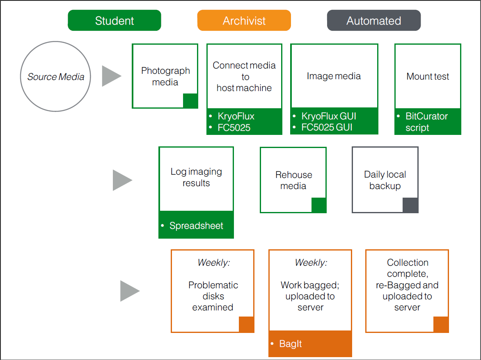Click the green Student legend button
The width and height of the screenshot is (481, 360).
pyautogui.click(x=114, y=21)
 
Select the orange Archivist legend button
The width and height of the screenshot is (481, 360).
pyautogui.click(x=244, y=21)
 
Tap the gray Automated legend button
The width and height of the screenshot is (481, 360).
pyautogui.click(x=373, y=21)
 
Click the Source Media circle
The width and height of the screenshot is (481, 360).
pyautogui.click(x=55, y=77)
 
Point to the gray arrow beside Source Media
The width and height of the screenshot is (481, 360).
pyautogui.click(x=111, y=76)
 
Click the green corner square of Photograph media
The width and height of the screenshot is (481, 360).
pyautogui.click(x=190, y=101)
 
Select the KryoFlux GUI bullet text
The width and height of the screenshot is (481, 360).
pyautogui.click(x=328, y=116)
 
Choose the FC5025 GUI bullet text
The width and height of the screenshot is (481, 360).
pyautogui.click(x=328, y=128)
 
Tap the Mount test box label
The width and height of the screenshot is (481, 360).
pyautogui.click(x=428, y=77)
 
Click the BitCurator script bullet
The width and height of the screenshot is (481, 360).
pyautogui.click(x=426, y=122)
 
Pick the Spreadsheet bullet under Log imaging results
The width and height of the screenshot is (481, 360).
pyautogui.click(x=196, y=226)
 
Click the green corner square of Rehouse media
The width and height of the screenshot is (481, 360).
pyautogui.click(x=319, y=205)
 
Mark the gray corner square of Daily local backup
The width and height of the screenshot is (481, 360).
pyautogui.click(x=410, y=205)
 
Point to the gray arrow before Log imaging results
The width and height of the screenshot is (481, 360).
pyautogui.click(x=122, y=180)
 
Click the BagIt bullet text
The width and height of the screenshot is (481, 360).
pyautogui.click(x=291, y=344)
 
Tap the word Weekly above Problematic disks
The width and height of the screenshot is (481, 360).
pyautogui.click(x=213, y=262)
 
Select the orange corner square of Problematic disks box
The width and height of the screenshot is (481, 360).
pyautogui.click(x=246, y=324)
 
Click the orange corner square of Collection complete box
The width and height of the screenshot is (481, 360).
pyautogui.click(x=441, y=324)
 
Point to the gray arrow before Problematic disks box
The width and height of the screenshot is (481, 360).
pyautogui.click(x=129, y=291)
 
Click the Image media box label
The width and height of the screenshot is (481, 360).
pyautogui.click(x=334, y=76)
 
